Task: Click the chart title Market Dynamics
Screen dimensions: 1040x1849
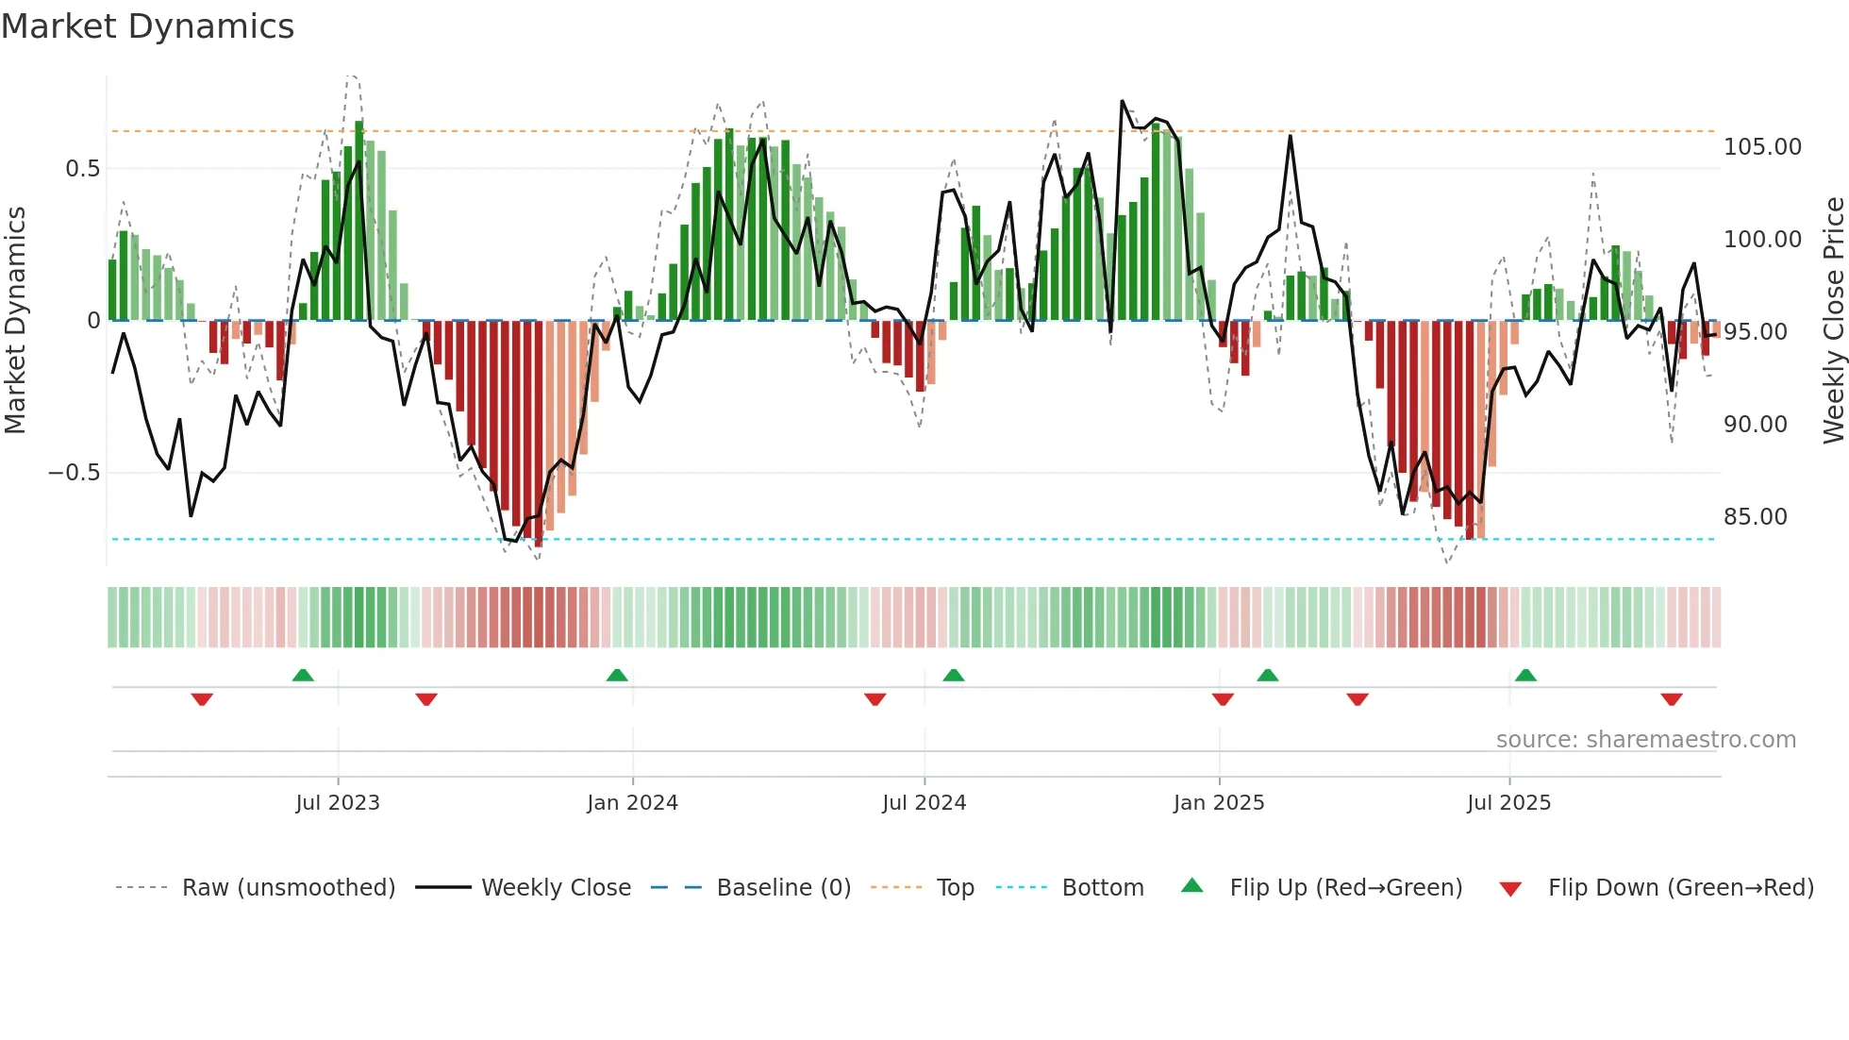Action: pos(147,26)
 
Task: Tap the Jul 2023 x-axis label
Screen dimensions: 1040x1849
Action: pos(337,803)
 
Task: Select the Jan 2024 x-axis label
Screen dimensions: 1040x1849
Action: pos(632,803)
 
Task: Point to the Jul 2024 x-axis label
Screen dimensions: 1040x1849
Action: pos(924,803)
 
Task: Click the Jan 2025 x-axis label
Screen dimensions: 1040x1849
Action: pos(1219,803)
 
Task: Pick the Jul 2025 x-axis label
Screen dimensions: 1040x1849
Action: pos(1508,803)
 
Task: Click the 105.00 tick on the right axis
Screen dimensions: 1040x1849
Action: pos(1762,147)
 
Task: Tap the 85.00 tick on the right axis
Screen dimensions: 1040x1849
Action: pos(1755,517)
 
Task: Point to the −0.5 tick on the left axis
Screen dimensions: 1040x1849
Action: pos(74,473)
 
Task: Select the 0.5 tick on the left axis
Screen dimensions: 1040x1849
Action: pos(82,169)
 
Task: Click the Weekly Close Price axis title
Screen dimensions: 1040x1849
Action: pos(1833,321)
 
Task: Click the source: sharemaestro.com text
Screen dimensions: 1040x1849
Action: pos(1645,740)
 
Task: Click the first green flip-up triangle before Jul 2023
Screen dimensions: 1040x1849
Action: pos(303,676)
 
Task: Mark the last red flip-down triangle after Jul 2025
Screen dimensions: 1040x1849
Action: pos(1672,699)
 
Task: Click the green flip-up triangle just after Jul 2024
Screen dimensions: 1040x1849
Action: pos(954,676)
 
